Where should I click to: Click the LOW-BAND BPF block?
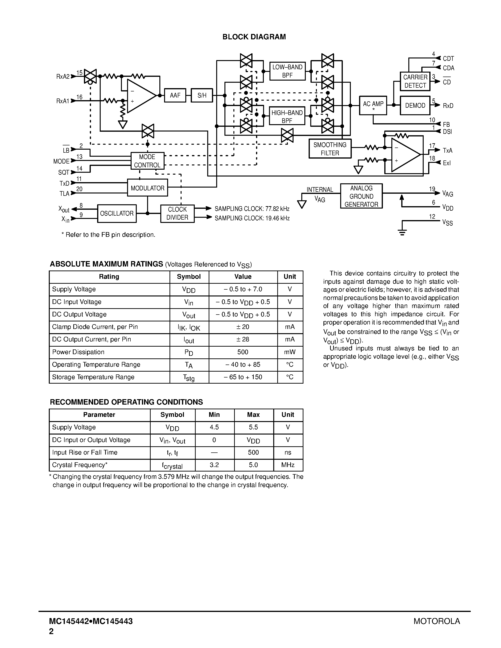(287, 71)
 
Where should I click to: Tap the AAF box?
(175, 95)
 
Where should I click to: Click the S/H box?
(202, 95)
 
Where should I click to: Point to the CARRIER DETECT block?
(415, 81)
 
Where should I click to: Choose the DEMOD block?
(415, 105)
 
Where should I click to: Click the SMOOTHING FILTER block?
(330, 149)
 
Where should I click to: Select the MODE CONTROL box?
(147, 161)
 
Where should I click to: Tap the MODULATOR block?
(148, 188)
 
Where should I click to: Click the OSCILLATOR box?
(117, 213)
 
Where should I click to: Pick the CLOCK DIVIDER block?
(177, 213)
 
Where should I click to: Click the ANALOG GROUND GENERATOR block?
(361, 196)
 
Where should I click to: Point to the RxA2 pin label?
(63, 77)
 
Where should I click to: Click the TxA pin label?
(447, 150)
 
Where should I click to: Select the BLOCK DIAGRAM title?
(254, 37)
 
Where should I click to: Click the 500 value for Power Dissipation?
(243, 352)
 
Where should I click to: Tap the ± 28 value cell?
(243, 339)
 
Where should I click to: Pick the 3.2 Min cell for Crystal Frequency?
(214, 465)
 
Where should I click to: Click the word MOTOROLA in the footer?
(437, 621)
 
